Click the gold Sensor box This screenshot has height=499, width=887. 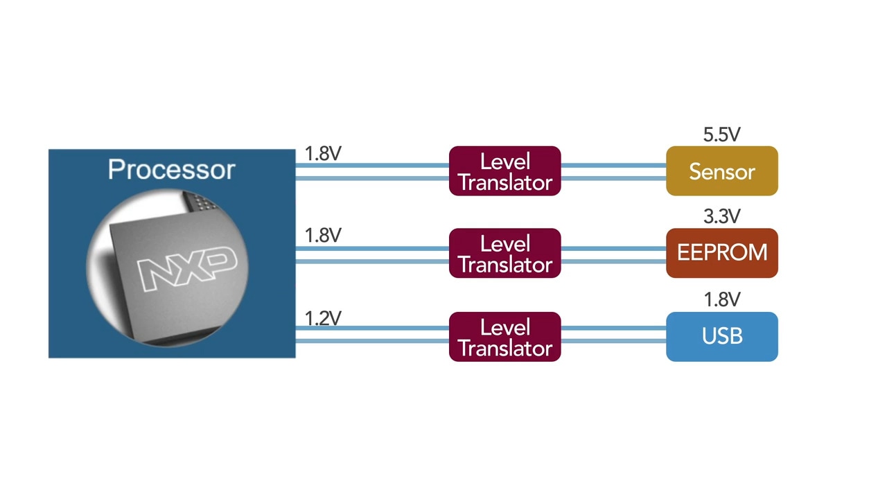coord(721,171)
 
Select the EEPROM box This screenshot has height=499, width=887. coord(721,253)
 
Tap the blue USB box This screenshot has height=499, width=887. coord(721,337)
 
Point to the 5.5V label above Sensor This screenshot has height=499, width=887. coord(721,135)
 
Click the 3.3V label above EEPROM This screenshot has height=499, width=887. coord(721,217)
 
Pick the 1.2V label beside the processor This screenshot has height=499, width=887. coord(323,318)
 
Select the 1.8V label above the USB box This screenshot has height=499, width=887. coord(721,299)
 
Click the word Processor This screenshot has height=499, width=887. coord(171,170)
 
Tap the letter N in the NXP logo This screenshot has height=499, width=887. coord(156,273)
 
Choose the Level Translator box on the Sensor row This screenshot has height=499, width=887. coord(504,171)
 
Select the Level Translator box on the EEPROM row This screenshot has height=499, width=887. coord(504,253)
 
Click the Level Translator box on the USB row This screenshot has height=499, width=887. coord(504,337)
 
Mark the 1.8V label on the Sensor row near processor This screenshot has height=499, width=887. coord(323,154)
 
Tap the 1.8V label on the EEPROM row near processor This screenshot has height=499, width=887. coord(323,236)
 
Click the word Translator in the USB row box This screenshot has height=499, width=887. coord(504,347)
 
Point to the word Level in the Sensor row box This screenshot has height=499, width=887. coord(504,161)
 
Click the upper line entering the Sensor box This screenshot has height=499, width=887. coord(613,165)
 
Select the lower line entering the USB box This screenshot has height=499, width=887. coord(613,342)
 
